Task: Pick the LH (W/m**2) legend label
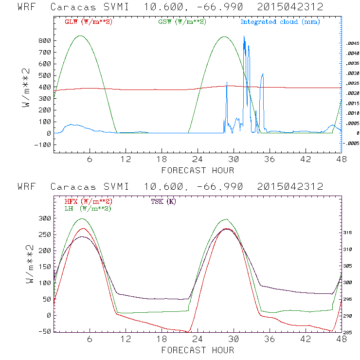[86, 208]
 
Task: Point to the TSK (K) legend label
[163, 201]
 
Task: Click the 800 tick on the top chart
[44, 40]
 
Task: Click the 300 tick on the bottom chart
[44, 219]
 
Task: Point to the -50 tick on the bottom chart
[44, 331]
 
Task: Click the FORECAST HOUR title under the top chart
[198, 170]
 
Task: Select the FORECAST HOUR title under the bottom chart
[198, 350]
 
